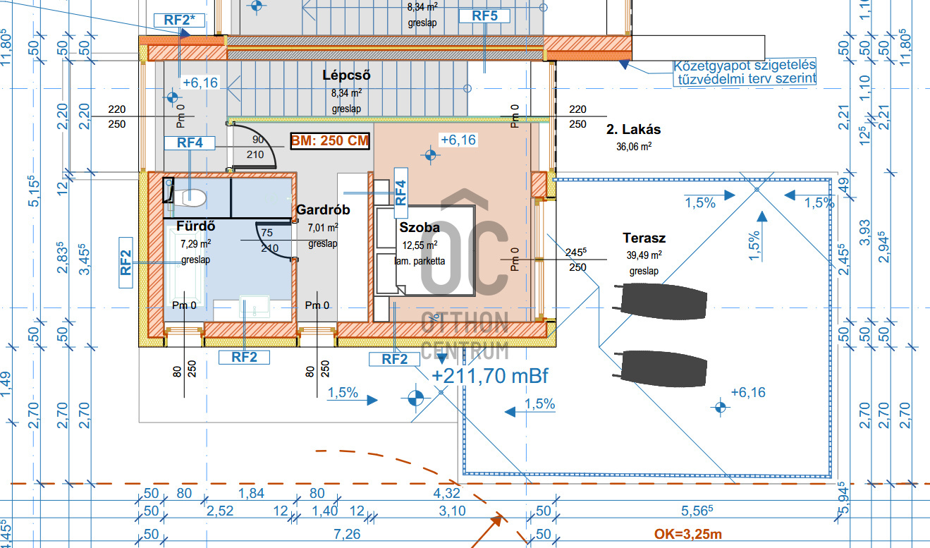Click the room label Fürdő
point(195,226)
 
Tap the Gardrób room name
point(323,209)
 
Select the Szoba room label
point(420,228)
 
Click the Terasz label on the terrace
point(644,238)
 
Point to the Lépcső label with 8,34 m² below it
point(346,75)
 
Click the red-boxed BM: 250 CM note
point(330,141)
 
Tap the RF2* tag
point(179,20)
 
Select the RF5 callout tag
point(484,16)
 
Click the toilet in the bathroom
point(189,197)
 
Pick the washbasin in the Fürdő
point(255,307)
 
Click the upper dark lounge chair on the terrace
point(661,301)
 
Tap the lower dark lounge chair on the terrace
point(661,369)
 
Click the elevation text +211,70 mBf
point(490,376)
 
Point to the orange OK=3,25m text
point(688,534)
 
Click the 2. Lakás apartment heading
point(634,130)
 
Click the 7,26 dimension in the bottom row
point(347,535)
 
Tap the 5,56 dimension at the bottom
point(697,511)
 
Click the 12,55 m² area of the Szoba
point(420,245)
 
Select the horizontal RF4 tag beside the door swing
point(190,142)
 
